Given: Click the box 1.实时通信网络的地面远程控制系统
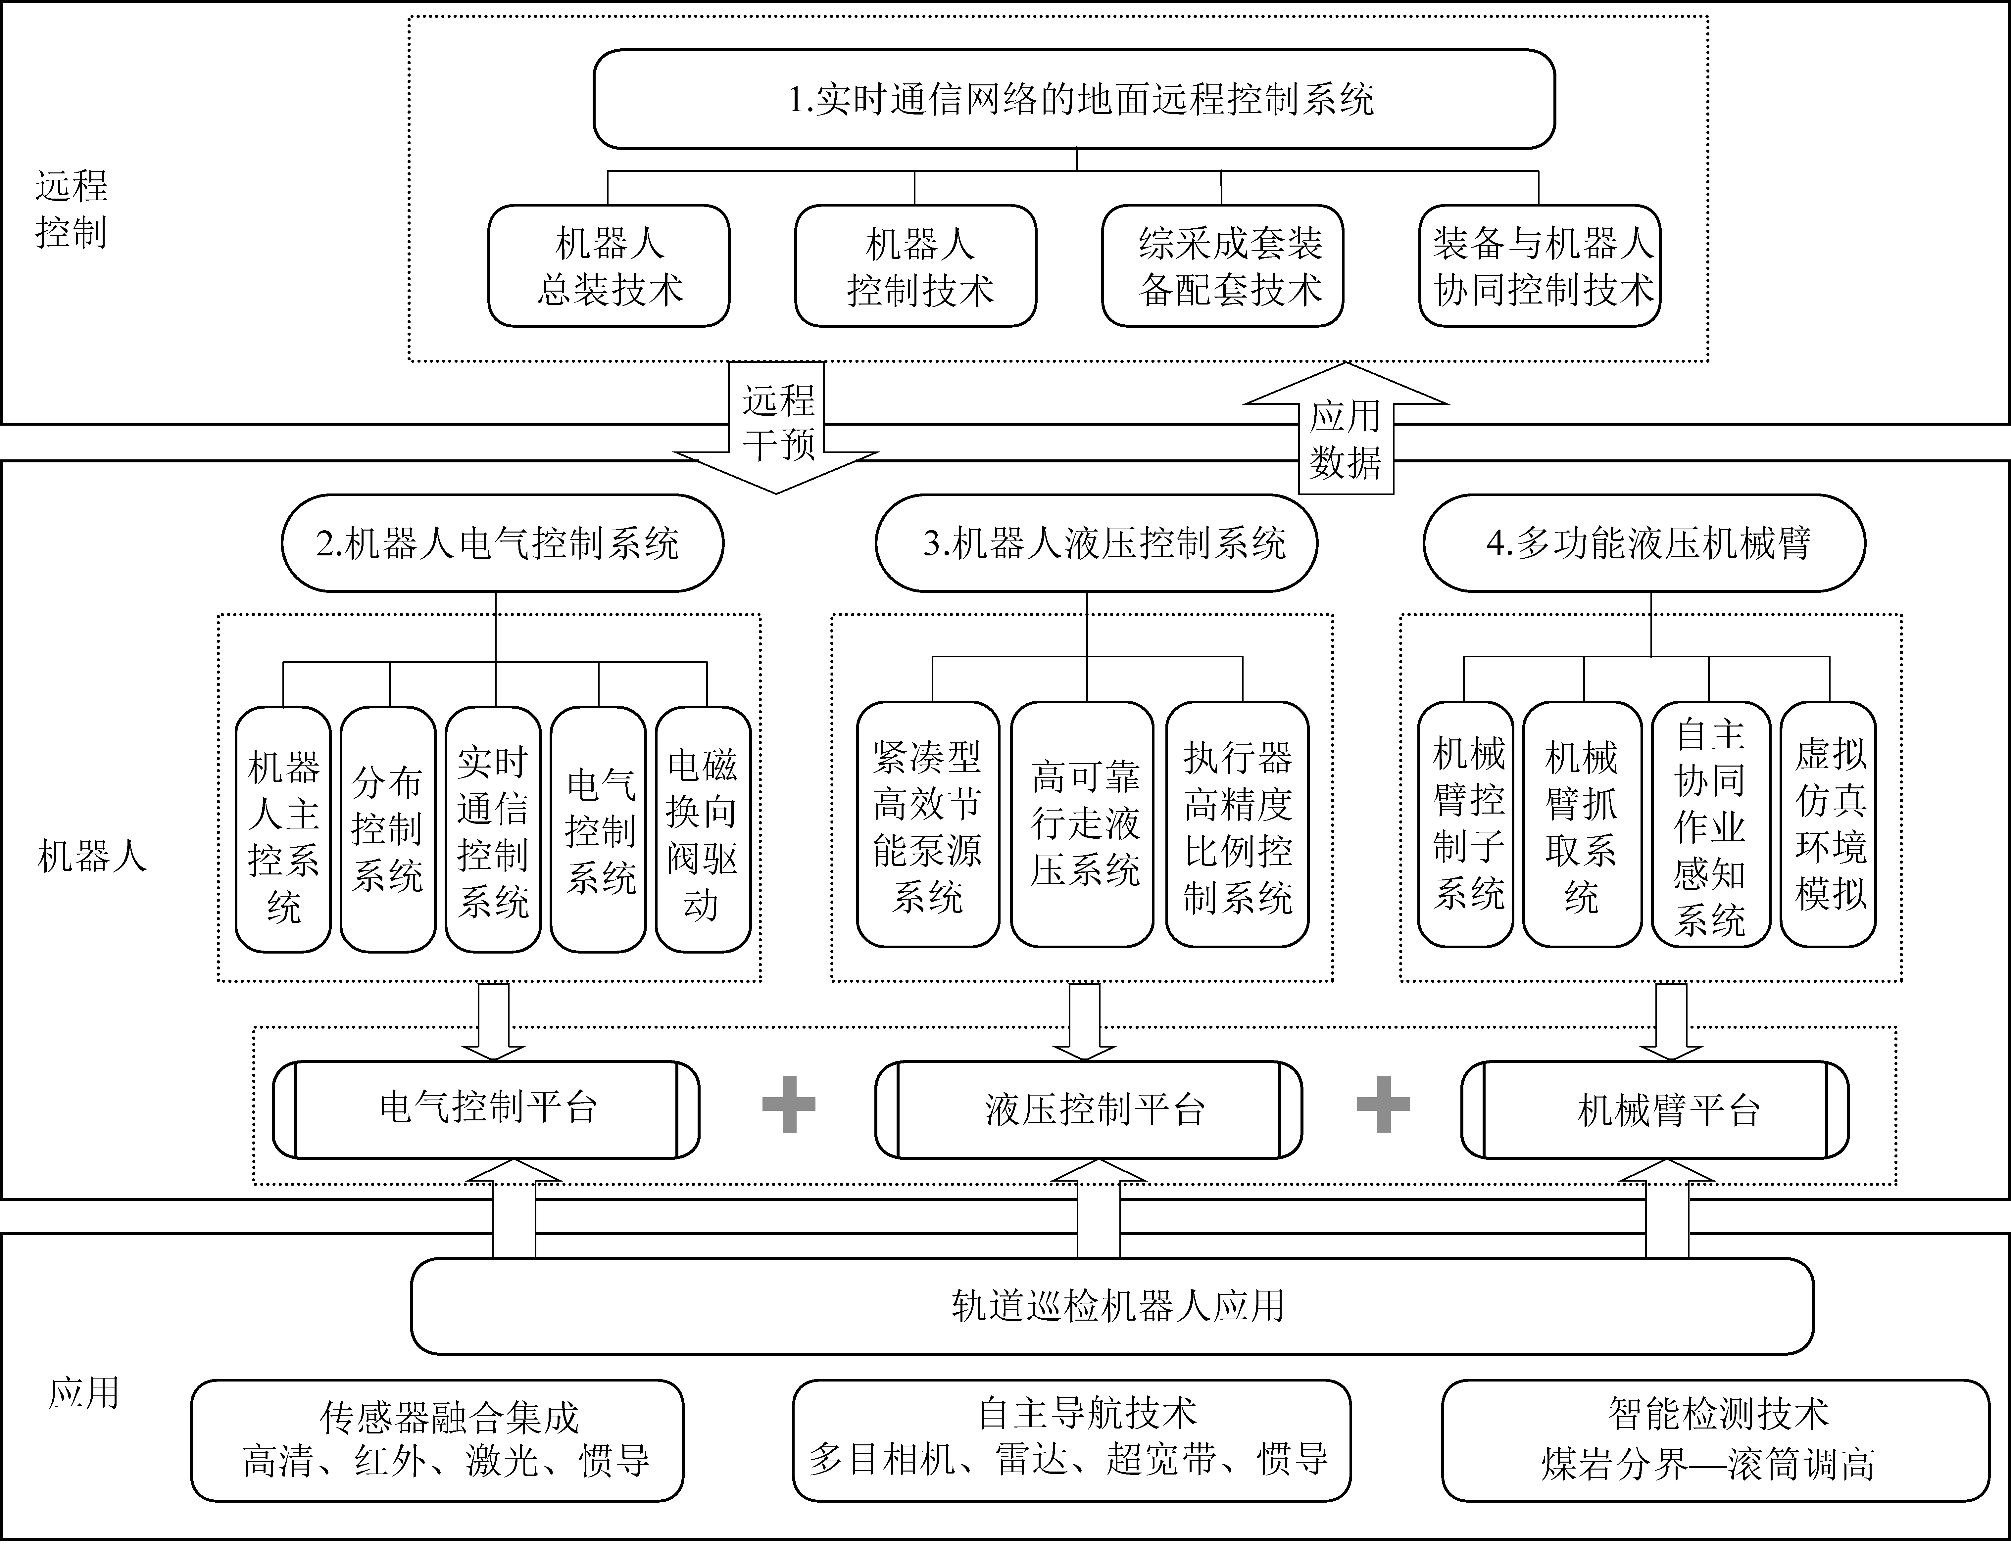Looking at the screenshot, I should click(1074, 99).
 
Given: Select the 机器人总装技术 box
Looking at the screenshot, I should click(609, 266).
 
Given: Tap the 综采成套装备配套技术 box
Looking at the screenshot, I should click(1222, 266).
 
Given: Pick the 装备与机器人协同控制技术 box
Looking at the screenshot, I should click(1540, 266).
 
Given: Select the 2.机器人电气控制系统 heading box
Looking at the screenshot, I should click(502, 543).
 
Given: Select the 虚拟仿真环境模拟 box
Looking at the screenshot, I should click(1828, 824).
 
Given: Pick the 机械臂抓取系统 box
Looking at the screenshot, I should click(1582, 824).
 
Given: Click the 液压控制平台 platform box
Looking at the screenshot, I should click(1088, 1109).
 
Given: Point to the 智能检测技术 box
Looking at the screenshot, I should click(1715, 1440).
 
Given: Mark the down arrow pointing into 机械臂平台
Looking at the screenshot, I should click(1671, 1021).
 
